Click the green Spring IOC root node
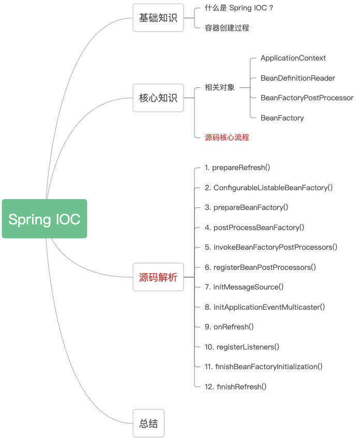pos(44,219)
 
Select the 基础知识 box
pos(158,18)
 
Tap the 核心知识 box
pos(158,98)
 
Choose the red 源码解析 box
pos(158,277)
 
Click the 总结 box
pos(148,423)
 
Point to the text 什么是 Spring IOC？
pos(239,8)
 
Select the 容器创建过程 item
pos(227,28)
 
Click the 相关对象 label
pos(219,88)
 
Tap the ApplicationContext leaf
pos(293,58)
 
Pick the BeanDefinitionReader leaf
pos(297,78)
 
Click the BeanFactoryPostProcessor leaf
pos(307,98)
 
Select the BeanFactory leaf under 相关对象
pos(282,118)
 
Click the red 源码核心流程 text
pos(227,138)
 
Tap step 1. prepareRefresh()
pos(237,168)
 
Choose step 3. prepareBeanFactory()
pos(246,207)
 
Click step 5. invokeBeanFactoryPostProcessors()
pos(271,247)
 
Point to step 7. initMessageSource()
pos(244,287)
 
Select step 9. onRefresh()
pos(229,327)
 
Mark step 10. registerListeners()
pos(242,347)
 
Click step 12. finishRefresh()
pos(235,387)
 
